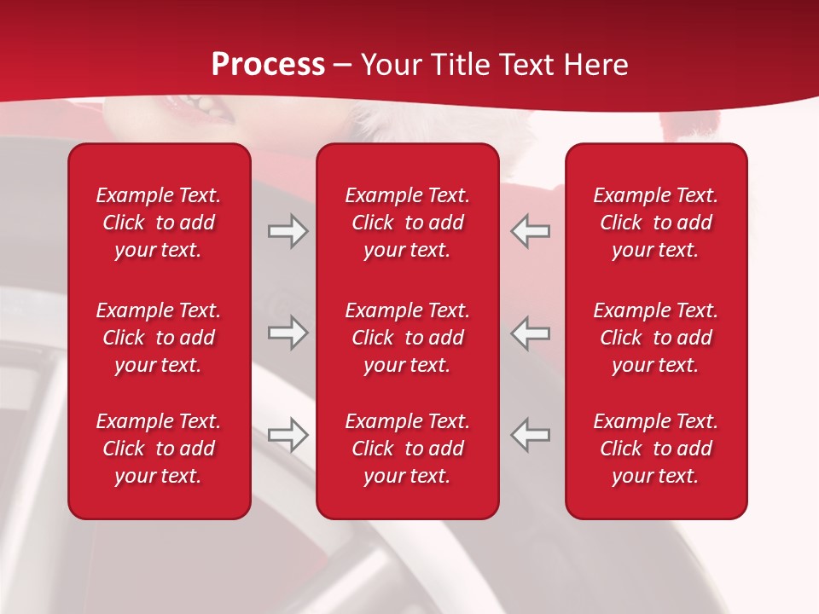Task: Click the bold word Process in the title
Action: pyautogui.click(x=268, y=65)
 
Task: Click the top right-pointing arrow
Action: pyautogui.click(x=288, y=231)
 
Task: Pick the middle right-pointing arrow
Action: pyautogui.click(x=288, y=333)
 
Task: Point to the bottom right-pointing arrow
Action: pyautogui.click(x=288, y=435)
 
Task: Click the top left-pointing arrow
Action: pyautogui.click(x=531, y=231)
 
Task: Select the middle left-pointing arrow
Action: pyautogui.click(x=531, y=333)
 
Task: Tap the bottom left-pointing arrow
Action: pyautogui.click(x=531, y=435)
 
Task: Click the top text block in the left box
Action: pyautogui.click(x=159, y=223)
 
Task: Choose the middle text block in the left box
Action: pyautogui.click(x=159, y=338)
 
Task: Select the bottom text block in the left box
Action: pyautogui.click(x=159, y=449)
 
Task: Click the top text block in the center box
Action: pyautogui.click(x=408, y=223)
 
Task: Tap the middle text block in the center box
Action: pyautogui.click(x=408, y=338)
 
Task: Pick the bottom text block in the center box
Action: pyautogui.click(x=408, y=449)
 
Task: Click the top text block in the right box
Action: pyautogui.click(x=656, y=223)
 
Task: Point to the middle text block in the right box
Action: pyautogui.click(x=656, y=338)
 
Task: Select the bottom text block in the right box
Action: pyautogui.click(x=656, y=449)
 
